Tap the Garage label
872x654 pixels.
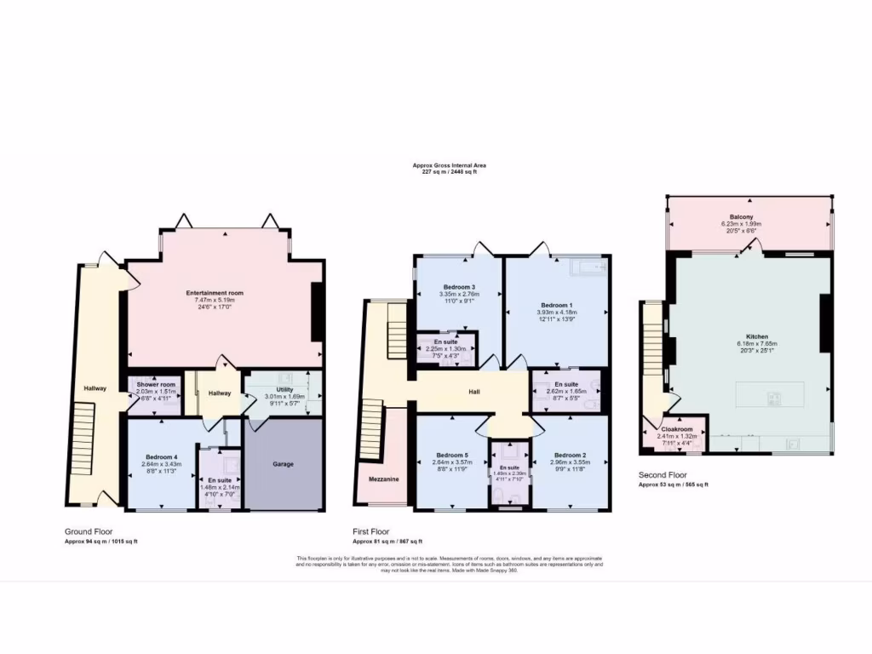[x=284, y=464]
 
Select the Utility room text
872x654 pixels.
[x=284, y=389]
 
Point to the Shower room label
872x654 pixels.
[x=156, y=384]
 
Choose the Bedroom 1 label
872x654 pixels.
[x=557, y=305]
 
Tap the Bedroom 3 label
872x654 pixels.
[x=459, y=287]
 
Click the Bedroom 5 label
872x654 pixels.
[x=452, y=455]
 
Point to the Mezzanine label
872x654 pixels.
[x=384, y=479]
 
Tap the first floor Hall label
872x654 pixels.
[x=474, y=393]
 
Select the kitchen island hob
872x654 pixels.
[x=777, y=396]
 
